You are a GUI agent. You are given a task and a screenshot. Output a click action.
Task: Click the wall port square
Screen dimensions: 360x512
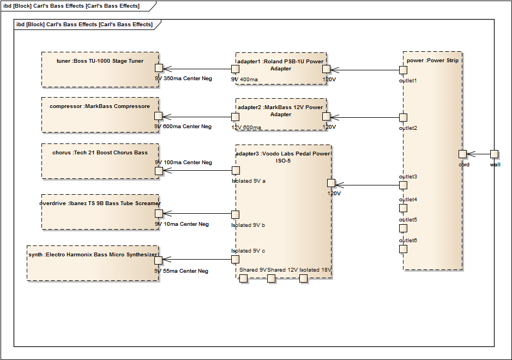[x=494, y=154]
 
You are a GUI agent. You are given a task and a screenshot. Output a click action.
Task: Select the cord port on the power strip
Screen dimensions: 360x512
[x=462, y=154]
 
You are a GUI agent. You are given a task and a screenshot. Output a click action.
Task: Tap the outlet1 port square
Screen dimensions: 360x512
[x=403, y=70]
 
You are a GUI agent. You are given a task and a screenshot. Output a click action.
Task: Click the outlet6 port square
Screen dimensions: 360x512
[x=403, y=249]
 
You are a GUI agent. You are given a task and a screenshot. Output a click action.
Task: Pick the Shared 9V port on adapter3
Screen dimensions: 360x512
[x=244, y=279]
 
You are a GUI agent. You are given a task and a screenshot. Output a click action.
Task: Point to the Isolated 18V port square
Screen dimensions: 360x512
[x=304, y=279]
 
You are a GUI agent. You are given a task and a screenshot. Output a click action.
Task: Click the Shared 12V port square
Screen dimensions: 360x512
[x=271, y=279]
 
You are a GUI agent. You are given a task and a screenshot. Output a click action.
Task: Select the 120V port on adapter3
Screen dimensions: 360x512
[x=331, y=183]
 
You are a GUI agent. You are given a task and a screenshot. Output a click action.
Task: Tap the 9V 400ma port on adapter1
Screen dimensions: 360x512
[x=235, y=69]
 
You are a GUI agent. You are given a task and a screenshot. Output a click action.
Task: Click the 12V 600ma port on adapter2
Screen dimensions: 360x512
[x=235, y=117]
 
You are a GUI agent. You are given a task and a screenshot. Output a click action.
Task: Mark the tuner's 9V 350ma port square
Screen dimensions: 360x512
[x=159, y=68]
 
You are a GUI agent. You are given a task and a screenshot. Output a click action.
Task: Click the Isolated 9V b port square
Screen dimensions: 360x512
[x=236, y=215]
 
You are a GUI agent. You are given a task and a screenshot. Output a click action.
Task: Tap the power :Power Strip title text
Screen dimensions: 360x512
[x=432, y=61]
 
